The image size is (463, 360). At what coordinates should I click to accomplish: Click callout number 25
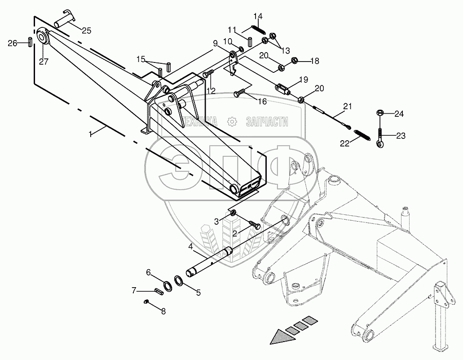(86, 31)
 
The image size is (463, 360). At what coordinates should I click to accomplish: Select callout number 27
(44, 62)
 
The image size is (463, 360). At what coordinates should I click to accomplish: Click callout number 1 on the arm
(91, 134)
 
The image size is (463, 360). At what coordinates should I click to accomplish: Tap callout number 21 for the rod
(347, 107)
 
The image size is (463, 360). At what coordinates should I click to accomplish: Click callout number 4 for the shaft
(190, 247)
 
